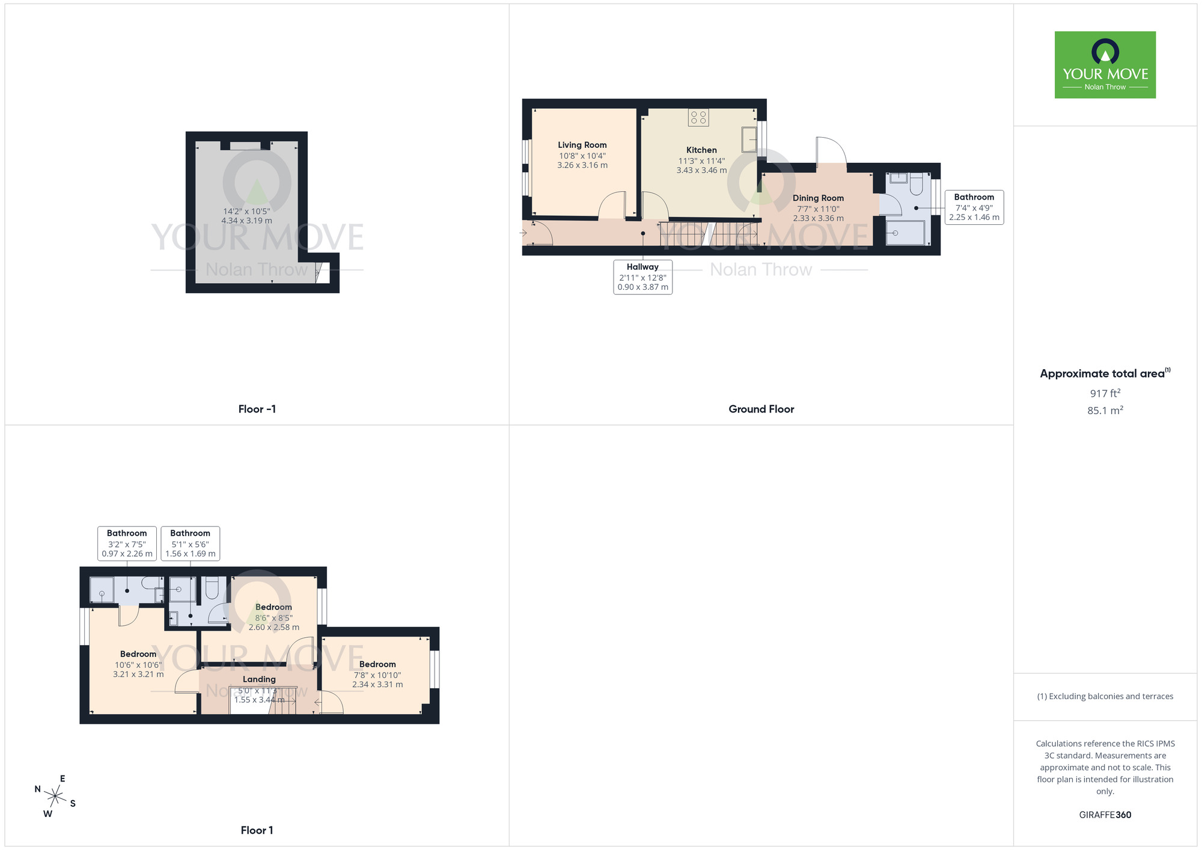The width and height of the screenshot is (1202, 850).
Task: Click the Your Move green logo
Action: click(x=1105, y=65)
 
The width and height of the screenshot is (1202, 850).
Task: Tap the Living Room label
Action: click(x=582, y=145)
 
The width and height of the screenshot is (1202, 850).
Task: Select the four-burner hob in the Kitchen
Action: click(x=698, y=117)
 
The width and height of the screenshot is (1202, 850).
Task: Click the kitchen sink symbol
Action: click(x=749, y=139)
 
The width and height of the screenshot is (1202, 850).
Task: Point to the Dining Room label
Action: click(x=818, y=198)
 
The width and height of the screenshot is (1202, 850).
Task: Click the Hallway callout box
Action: click(x=642, y=277)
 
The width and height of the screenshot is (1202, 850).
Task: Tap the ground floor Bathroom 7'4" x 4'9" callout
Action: click(x=974, y=207)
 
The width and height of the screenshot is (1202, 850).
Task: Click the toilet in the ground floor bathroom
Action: click(x=916, y=183)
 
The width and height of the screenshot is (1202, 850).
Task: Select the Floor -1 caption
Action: click(x=257, y=409)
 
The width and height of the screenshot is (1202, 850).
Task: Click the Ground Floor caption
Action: click(x=761, y=409)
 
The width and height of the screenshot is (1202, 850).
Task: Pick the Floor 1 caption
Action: click(x=257, y=830)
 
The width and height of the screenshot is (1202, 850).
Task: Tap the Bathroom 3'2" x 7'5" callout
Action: click(x=127, y=543)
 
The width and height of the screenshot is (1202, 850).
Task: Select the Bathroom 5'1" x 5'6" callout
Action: click(x=190, y=543)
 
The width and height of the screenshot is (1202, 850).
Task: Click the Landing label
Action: click(x=259, y=679)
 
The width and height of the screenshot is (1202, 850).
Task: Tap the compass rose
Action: click(x=55, y=796)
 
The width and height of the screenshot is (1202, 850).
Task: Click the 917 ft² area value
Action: click(x=1105, y=393)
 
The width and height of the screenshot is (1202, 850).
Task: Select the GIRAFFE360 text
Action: click(x=1105, y=815)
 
